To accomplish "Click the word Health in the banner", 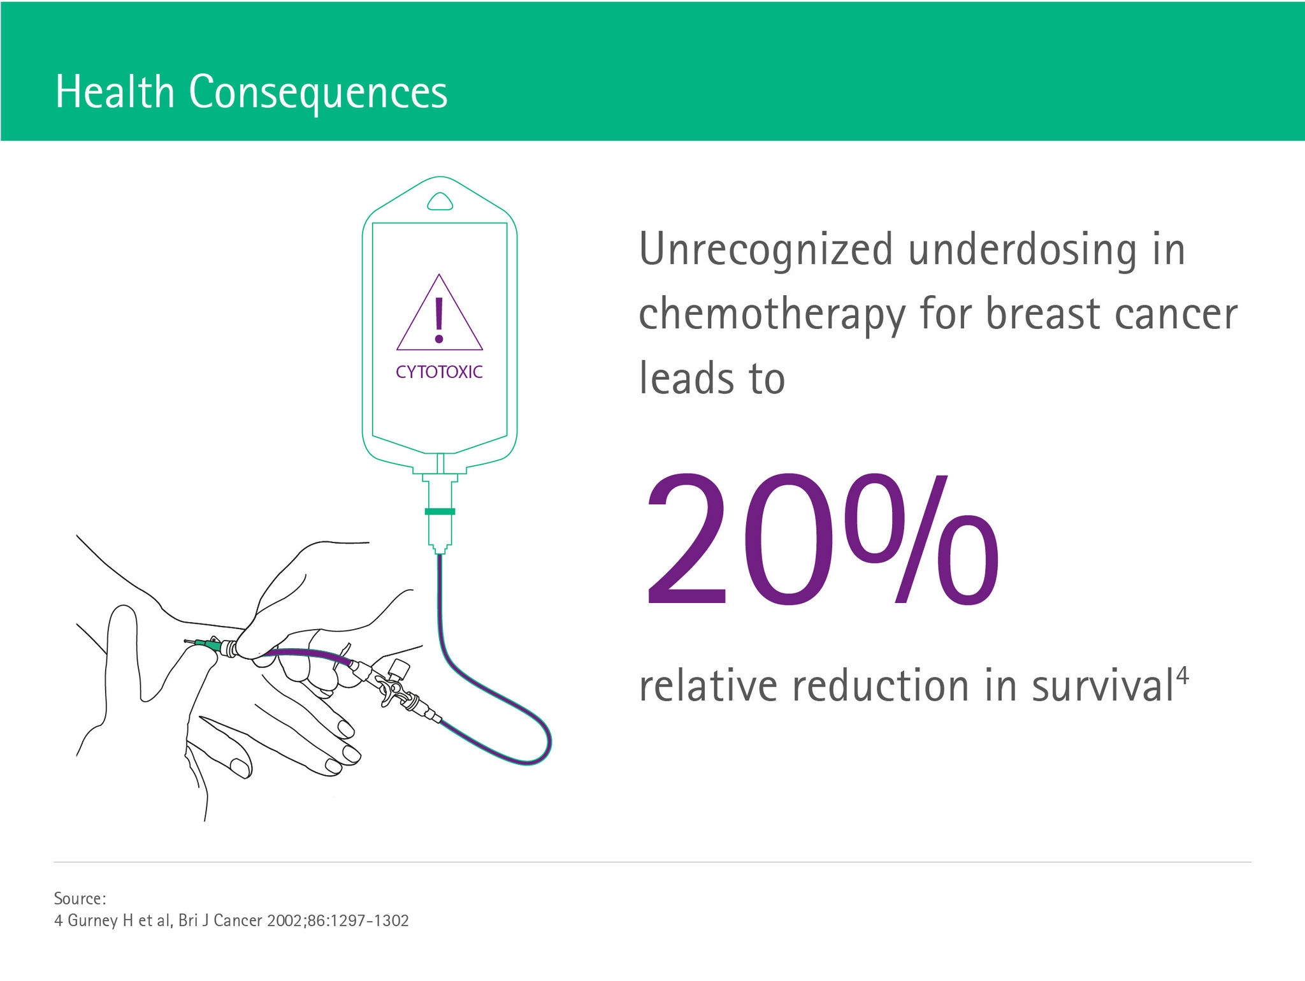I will [x=115, y=92].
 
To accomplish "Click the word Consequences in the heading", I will [x=318, y=93].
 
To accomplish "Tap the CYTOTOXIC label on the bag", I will [x=439, y=372].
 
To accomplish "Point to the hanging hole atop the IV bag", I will [x=440, y=202].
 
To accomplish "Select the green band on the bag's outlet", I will [x=440, y=511].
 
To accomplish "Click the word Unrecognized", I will [x=765, y=250].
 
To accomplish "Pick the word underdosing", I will [x=1022, y=250].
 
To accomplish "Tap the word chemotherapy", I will [x=772, y=315].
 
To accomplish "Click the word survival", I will [x=1102, y=686].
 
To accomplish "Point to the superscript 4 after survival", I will [x=1182, y=674].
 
